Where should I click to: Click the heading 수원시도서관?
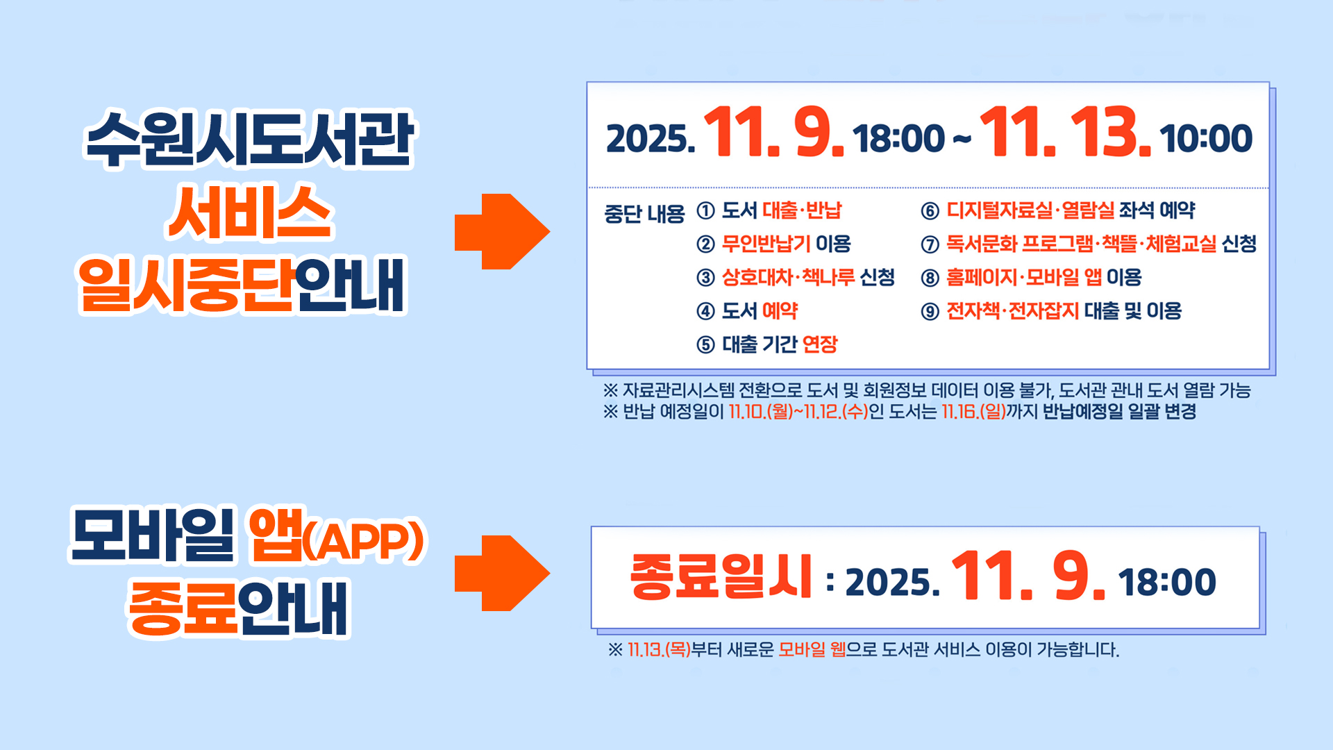(x=249, y=139)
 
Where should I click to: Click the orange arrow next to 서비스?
(x=501, y=231)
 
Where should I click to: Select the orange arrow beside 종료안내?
(x=501, y=573)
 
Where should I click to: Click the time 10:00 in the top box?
(x=1206, y=138)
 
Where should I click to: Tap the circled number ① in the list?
(x=705, y=211)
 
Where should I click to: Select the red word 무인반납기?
(x=766, y=244)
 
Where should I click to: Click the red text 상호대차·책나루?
(x=788, y=277)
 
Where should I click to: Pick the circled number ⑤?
(x=705, y=344)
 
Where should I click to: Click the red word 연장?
(x=820, y=344)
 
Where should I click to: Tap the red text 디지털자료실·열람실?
(x=1030, y=210)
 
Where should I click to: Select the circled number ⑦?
(x=930, y=244)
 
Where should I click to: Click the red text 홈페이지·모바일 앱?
(x=1023, y=277)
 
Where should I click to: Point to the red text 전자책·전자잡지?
(x=1012, y=311)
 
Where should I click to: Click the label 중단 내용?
(x=644, y=214)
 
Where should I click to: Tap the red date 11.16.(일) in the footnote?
(x=973, y=412)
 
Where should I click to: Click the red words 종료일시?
(x=721, y=576)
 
